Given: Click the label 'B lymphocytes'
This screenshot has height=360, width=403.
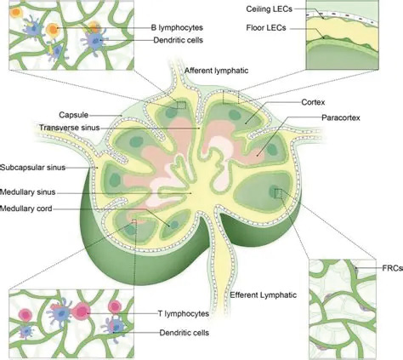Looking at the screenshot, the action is pyautogui.click(x=177, y=27).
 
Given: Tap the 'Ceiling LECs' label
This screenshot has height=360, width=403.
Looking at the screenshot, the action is pyautogui.click(x=269, y=9).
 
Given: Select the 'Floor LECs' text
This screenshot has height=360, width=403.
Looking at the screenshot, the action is pyautogui.click(x=266, y=28).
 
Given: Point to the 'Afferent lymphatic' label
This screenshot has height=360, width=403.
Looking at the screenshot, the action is pyautogui.click(x=217, y=71).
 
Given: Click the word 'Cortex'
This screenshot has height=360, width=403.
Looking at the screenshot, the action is pyautogui.click(x=313, y=102).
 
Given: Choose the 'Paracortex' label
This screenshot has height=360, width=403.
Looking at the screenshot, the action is pyautogui.click(x=341, y=117).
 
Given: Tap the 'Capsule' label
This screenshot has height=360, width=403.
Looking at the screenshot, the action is pyautogui.click(x=74, y=115).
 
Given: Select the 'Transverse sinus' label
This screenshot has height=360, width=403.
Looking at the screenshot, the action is pyautogui.click(x=70, y=128).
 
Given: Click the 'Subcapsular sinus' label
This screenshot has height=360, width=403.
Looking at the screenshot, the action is pyautogui.click(x=32, y=168).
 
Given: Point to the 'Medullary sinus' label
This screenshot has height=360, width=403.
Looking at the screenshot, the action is pyautogui.click(x=28, y=192).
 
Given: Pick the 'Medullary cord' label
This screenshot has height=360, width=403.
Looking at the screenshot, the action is pyautogui.click(x=26, y=209).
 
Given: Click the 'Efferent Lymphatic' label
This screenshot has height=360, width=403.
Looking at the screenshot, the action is pyautogui.click(x=264, y=295).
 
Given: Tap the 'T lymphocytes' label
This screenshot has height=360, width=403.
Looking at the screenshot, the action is pyautogui.click(x=184, y=313).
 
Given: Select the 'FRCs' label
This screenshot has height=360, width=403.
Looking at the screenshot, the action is pyautogui.click(x=393, y=268).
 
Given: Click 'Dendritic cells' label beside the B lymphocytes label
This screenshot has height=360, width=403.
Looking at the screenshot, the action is pyautogui.click(x=179, y=40).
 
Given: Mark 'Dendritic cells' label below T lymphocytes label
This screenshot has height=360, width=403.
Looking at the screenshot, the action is pyautogui.click(x=184, y=333).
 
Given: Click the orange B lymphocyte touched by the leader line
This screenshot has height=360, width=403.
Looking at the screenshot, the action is pyautogui.click(x=53, y=29).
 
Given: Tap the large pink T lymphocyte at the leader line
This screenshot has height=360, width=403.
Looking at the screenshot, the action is pyautogui.click(x=82, y=311).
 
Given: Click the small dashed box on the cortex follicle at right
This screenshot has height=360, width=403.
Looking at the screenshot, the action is pyautogui.click(x=279, y=193).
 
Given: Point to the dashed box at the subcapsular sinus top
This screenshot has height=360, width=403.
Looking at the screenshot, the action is pyautogui.click(x=230, y=97).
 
